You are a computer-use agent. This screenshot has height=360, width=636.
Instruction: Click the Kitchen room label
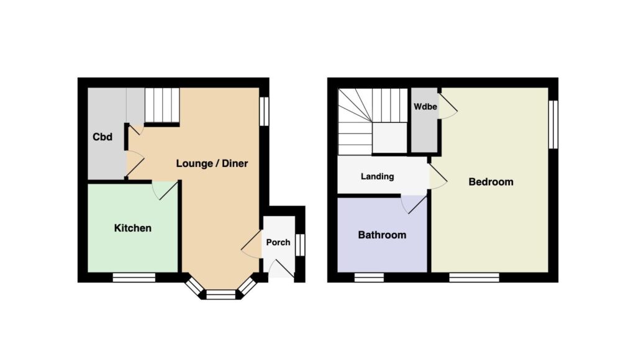(x=133, y=228)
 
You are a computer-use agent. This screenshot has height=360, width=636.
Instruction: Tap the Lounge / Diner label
(x=212, y=163)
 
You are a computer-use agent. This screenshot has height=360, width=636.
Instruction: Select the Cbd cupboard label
(x=102, y=137)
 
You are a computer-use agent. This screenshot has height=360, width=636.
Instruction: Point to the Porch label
(x=278, y=242)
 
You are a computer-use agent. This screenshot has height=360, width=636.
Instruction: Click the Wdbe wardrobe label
(x=425, y=107)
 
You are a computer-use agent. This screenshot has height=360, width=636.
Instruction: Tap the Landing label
(x=377, y=176)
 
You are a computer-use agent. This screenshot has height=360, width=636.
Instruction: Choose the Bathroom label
(x=382, y=235)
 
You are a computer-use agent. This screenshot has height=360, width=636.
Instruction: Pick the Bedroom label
(x=491, y=182)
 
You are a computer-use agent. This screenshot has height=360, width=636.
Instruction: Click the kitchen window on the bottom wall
(x=134, y=277)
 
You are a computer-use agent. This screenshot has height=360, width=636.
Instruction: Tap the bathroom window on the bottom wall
(x=369, y=277)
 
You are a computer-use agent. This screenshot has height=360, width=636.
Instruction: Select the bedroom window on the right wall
(x=553, y=125)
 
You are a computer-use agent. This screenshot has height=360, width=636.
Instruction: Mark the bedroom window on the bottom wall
(x=474, y=277)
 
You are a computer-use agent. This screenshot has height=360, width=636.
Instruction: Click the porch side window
(x=300, y=245)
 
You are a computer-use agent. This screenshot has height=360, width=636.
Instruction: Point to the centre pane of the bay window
(x=220, y=294)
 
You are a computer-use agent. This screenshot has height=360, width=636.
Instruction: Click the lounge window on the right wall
(x=264, y=111)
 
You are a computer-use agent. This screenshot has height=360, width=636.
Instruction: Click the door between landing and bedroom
(x=438, y=174)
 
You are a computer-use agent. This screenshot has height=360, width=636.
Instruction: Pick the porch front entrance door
(x=281, y=268)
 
